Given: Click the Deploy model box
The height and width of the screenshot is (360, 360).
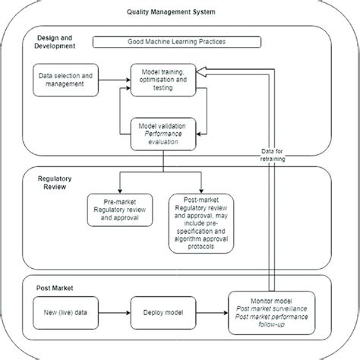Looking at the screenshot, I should click(163, 310).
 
